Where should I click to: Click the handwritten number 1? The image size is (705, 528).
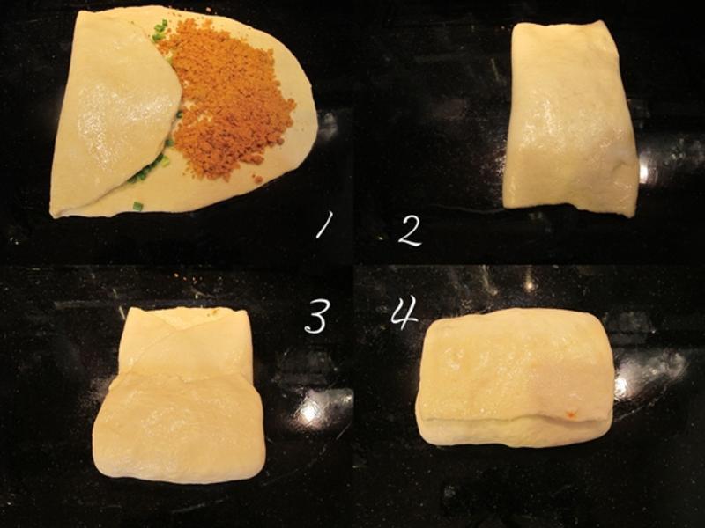(324, 224)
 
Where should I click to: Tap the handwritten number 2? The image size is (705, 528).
(410, 231)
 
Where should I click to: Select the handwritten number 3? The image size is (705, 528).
(317, 316)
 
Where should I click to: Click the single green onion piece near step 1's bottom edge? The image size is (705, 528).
(137, 206)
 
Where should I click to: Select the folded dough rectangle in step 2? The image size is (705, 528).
(570, 119)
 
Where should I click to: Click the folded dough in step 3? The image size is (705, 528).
(179, 394)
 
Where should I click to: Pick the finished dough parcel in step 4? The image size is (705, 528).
(515, 378)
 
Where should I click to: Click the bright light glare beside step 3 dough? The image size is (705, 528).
(309, 412)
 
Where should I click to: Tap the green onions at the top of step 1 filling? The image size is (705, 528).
(160, 31)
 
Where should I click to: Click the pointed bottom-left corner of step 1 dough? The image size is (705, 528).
(53, 216)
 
